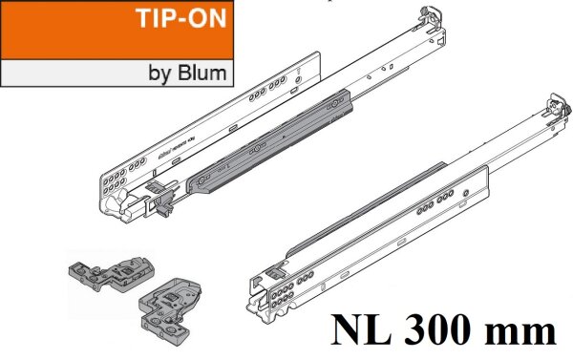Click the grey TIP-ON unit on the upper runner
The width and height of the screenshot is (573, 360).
[277, 142]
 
